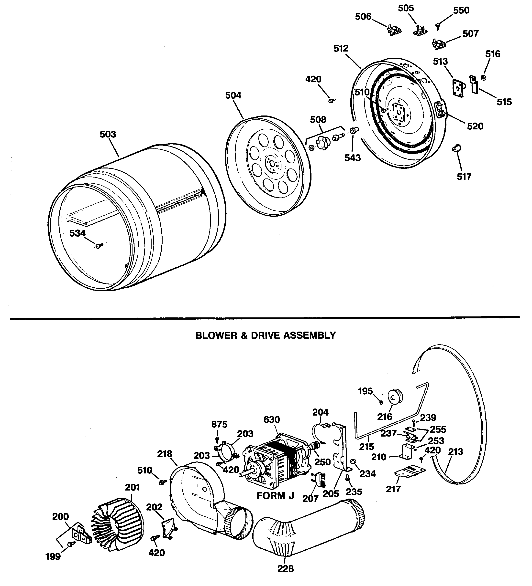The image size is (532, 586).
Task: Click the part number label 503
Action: (x=108, y=134)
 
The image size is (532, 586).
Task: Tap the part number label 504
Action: (x=233, y=95)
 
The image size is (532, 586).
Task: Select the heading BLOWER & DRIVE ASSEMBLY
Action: (x=266, y=335)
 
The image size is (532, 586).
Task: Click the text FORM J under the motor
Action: (x=275, y=496)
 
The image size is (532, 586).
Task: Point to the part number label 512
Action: (x=341, y=48)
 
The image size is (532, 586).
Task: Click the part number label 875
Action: (x=219, y=424)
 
